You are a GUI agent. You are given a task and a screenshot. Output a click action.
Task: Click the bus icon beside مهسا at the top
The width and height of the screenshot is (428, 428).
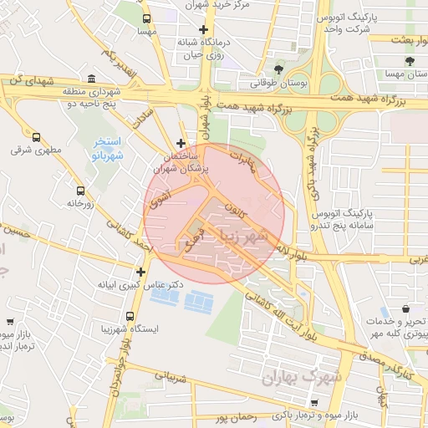(147, 18)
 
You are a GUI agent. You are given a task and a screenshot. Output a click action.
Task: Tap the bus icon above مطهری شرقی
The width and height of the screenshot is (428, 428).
(36, 137)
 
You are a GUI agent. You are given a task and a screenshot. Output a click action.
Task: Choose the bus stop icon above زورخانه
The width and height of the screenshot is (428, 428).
(80, 190)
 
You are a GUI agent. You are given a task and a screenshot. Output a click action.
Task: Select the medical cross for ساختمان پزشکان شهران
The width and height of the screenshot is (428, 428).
(181, 143)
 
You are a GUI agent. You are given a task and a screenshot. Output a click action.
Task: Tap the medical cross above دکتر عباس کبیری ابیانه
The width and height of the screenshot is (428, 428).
(140, 272)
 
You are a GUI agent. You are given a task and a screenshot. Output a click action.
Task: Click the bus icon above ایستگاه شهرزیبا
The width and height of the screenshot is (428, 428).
(130, 316)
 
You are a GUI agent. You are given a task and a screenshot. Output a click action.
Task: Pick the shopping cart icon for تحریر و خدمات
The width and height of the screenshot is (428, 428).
(399, 310)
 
